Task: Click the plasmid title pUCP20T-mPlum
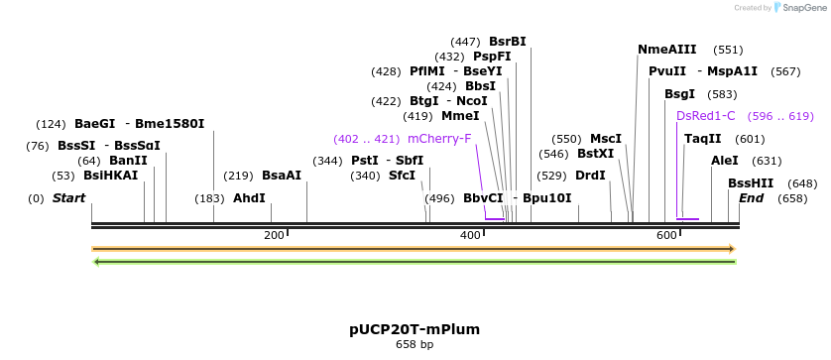415,329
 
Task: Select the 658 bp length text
415,344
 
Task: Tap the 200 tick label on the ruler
274,235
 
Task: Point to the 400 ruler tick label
470,235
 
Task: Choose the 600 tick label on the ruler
666,235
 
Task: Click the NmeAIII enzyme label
666,50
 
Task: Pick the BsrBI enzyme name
507,42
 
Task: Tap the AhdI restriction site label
249,198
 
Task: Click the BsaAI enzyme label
281,176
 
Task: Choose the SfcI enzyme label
402,176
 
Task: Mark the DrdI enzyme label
590,176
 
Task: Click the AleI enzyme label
725,161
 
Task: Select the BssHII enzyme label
751,183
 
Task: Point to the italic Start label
68,198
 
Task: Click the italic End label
751,198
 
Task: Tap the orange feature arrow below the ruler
414,248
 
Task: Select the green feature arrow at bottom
414,262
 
